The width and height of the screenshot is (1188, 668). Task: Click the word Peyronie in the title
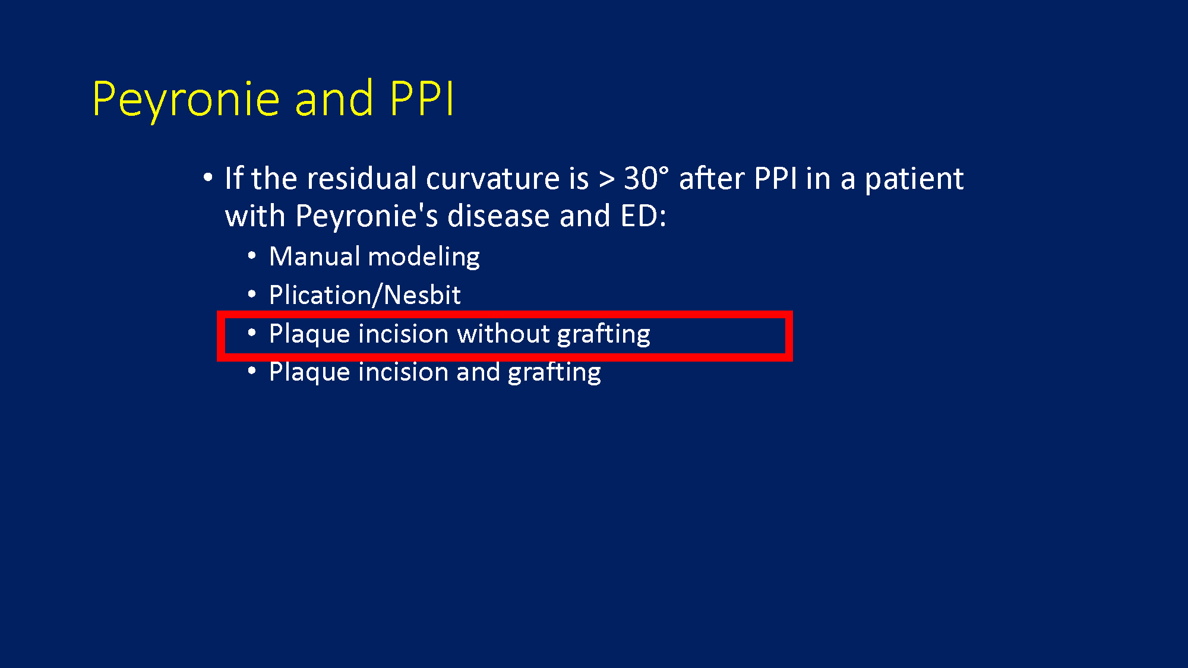point(186,100)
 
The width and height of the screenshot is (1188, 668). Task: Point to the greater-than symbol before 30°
point(606,179)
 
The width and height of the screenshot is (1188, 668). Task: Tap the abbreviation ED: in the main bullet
point(643,216)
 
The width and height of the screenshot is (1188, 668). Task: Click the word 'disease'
point(498,216)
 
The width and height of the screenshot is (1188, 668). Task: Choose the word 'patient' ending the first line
point(914,179)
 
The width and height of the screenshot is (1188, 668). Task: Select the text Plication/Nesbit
point(365,295)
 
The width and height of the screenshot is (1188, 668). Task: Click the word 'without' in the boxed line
point(503,334)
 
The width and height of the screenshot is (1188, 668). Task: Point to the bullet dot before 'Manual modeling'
point(252,256)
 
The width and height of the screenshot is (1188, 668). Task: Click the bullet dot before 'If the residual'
point(207,177)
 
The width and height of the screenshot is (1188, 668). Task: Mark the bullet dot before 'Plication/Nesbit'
point(252,294)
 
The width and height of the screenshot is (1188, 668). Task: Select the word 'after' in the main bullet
point(712,178)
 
